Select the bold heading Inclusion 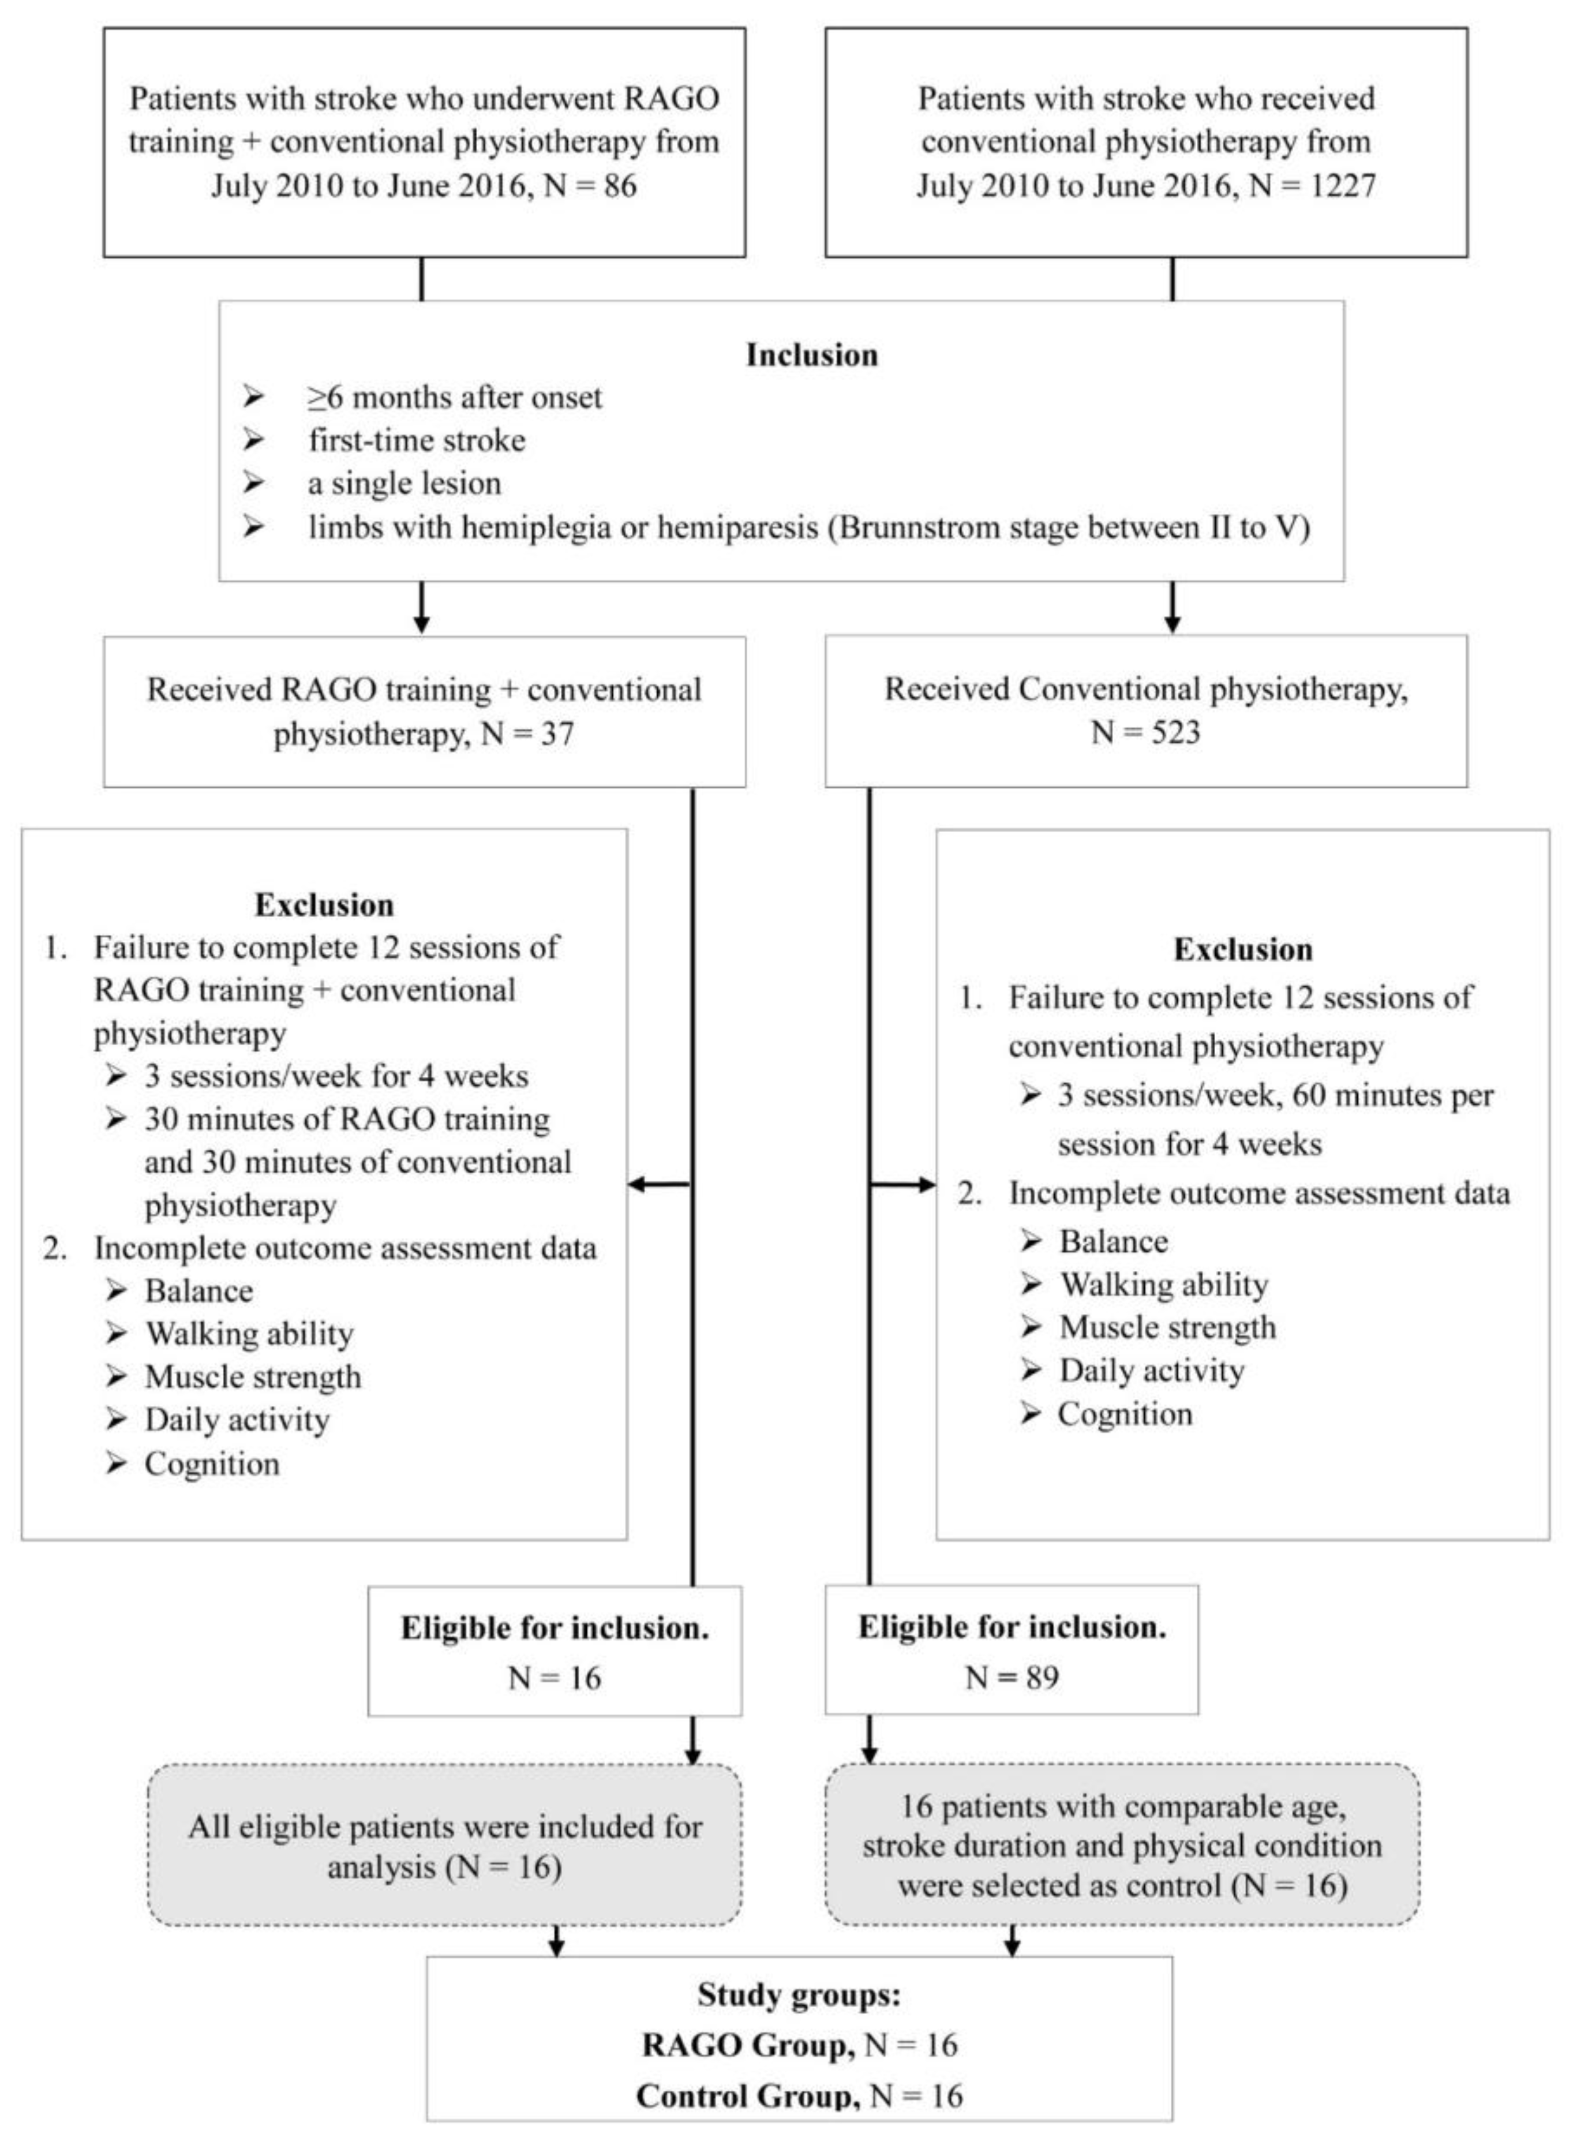coord(811,354)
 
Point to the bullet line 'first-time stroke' coord(416,440)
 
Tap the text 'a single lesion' coord(404,483)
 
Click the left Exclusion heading coord(324,904)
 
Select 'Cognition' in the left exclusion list coord(212,1464)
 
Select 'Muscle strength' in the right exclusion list coord(1167,1327)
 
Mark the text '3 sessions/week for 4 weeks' coord(336,1076)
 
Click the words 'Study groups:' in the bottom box coord(799,1994)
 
